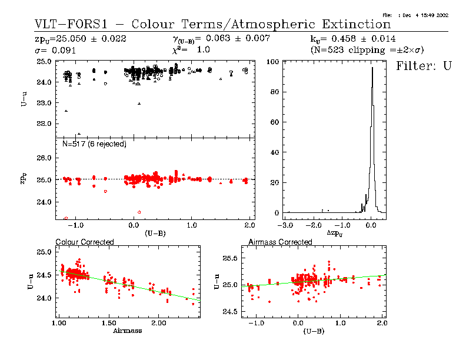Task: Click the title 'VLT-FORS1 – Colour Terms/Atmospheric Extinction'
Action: coord(212,25)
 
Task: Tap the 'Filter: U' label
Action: coord(424,65)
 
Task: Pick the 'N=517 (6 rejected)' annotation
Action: coord(94,144)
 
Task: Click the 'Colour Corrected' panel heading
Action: coord(84,242)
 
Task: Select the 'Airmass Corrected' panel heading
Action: coord(280,242)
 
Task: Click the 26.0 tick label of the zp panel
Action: coord(46,158)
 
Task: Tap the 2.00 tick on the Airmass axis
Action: coord(158,324)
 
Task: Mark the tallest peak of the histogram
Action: coord(372,68)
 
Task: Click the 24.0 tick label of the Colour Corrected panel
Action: coord(45,298)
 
